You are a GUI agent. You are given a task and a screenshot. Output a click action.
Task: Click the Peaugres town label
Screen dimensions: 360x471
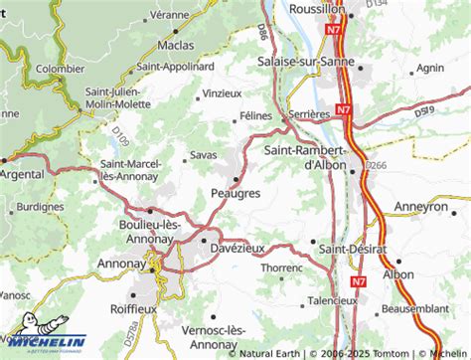(x=235, y=194)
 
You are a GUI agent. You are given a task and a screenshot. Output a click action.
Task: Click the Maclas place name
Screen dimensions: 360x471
(x=173, y=45)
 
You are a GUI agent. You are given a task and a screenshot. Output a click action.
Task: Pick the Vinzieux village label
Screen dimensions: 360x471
(x=221, y=92)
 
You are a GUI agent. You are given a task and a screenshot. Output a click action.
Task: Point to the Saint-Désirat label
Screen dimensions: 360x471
(x=357, y=242)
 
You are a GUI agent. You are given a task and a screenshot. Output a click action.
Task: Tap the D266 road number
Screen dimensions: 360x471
(x=377, y=164)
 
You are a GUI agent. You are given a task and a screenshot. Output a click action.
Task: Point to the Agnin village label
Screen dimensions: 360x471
(x=430, y=69)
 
